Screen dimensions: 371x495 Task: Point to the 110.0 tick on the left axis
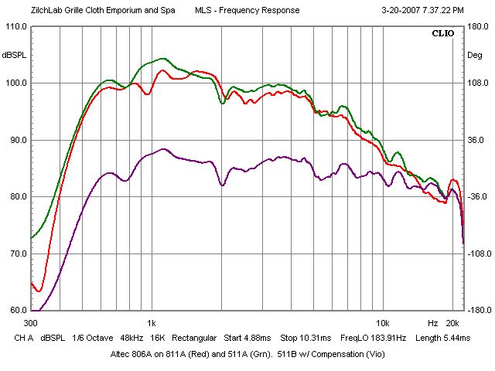[x=15, y=26]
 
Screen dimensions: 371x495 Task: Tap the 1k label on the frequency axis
[x=151, y=322]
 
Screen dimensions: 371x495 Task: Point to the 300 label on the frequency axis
[x=31, y=322]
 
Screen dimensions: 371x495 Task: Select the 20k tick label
[x=453, y=322]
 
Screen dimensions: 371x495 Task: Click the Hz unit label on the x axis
[x=433, y=322]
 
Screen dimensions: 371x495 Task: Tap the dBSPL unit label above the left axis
[x=15, y=55]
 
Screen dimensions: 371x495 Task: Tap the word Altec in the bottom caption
[x=123, y=354]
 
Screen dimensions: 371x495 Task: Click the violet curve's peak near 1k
[x=162, y=149]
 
